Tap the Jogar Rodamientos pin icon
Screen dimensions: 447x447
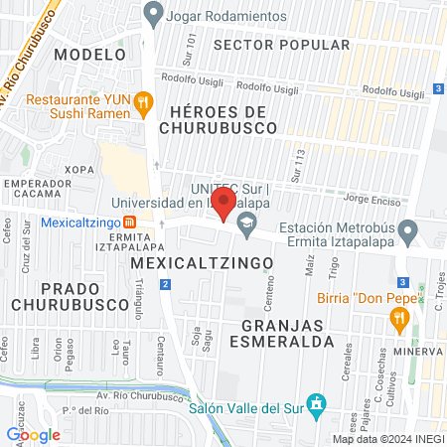[x=152, y=15]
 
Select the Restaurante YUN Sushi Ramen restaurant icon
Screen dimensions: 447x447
[x=145, y=100]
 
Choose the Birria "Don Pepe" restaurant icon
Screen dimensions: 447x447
[x=400, y=318]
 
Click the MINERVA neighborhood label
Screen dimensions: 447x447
[x=416, y=351]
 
